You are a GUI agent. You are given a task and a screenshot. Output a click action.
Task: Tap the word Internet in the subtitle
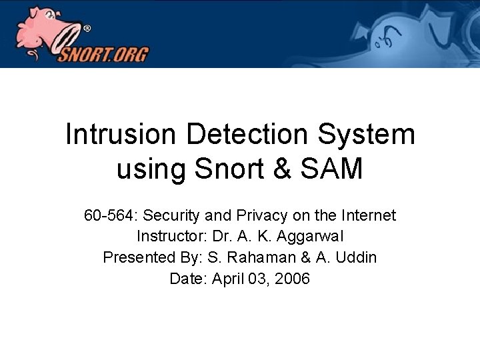[369, 216]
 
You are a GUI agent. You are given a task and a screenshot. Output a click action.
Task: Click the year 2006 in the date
[292, 279]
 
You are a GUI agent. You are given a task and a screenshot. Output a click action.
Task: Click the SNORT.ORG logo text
[103, 53]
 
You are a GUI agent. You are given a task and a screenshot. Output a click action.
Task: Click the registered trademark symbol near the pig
[87, 29]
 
